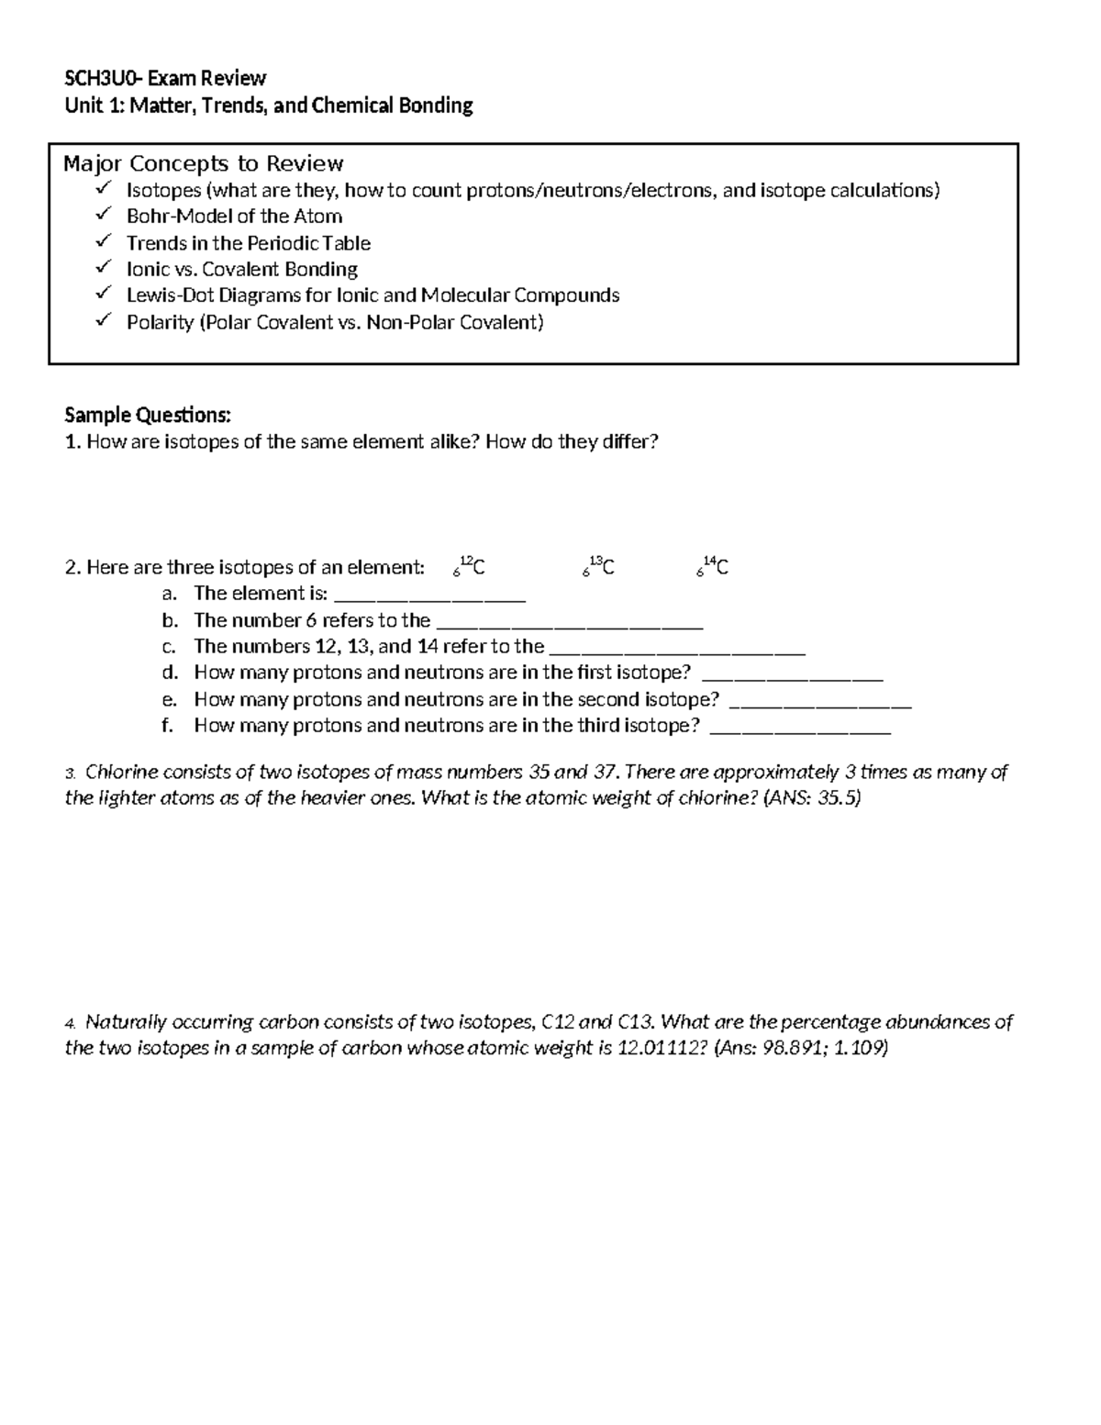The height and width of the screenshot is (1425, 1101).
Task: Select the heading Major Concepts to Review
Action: pos(203,164)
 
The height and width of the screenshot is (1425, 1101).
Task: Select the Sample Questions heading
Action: pos(148,416)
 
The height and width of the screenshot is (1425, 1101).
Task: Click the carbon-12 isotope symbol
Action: pos(469,567)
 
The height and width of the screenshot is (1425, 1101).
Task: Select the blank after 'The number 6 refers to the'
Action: pos(569,623)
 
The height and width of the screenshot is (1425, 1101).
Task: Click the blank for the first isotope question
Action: pos(792,676)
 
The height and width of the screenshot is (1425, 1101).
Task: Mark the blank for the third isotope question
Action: pos(801,729)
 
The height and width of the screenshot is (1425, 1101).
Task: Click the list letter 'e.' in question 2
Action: pos(168,699)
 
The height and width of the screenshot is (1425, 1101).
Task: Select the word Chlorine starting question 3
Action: pos(121,772)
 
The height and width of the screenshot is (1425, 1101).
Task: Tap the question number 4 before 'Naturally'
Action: pos(70,1023)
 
